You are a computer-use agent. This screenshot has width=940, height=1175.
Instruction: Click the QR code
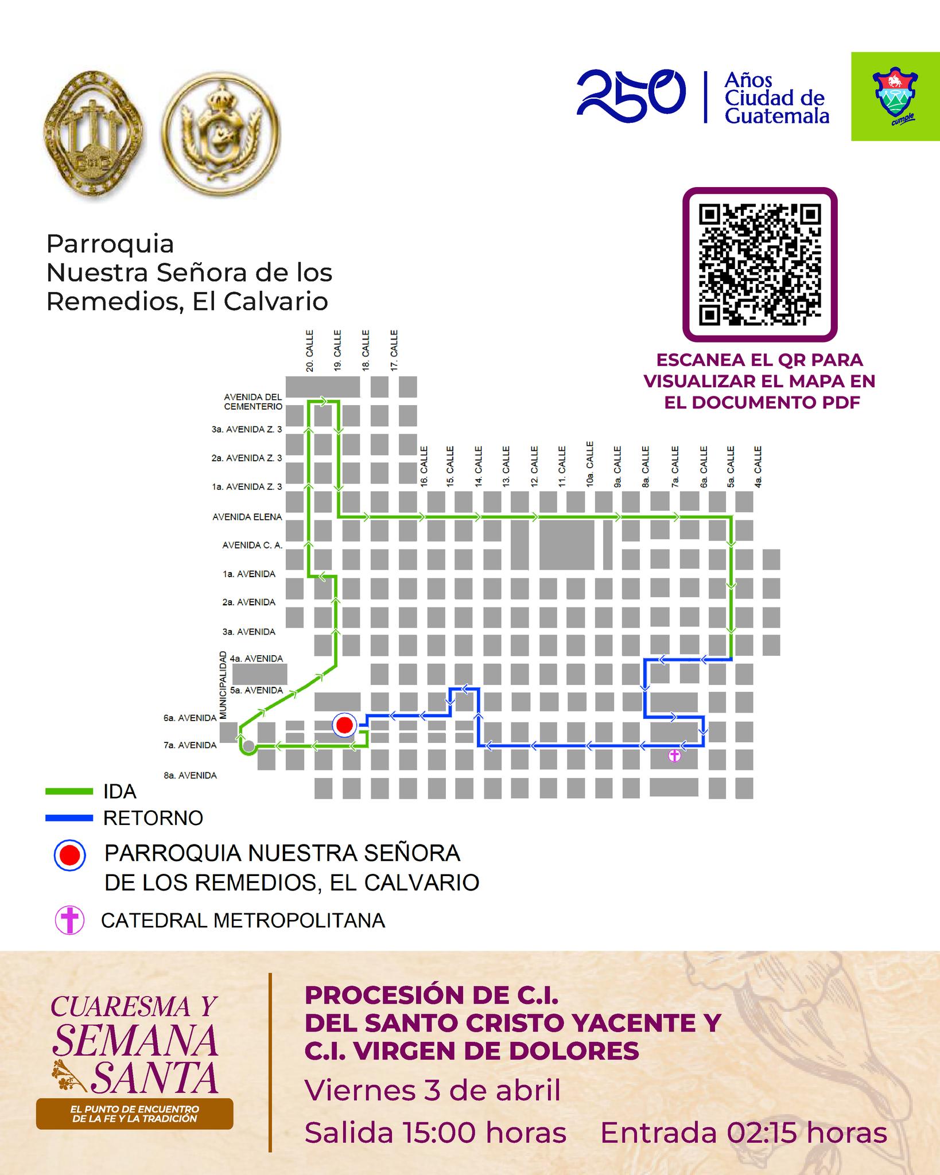tap(759, 264)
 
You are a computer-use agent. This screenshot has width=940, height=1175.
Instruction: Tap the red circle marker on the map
tap(344, 725)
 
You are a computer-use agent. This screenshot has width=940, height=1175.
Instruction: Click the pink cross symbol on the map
tap(675, 756)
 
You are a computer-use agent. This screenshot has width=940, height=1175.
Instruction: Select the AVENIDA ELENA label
tap(247, 517)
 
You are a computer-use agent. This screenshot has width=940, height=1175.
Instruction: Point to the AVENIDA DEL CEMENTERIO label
tap(253, 402)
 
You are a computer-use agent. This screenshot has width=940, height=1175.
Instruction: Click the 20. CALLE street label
tap(310, 351)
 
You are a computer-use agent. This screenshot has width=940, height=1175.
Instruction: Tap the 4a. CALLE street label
tap(758, 467)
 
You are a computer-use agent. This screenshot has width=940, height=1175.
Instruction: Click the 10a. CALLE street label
tap(589, 464)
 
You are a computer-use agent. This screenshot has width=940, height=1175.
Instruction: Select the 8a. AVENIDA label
tap(190, 776)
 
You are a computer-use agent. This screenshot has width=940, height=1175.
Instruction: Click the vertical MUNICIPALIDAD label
tap(223, 685)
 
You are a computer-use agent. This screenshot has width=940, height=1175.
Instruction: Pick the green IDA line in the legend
tap(69, 792)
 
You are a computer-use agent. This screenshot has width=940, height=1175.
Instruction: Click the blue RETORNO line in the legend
tap(69, 818)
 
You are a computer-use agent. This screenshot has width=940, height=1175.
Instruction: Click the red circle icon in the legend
tap(69, 855)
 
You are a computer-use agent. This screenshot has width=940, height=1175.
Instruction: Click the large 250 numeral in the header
tap(631, 96)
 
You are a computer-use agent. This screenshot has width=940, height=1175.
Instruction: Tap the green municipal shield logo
tap(895, 96)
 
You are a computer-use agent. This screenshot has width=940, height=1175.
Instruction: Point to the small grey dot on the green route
tap(248, 746)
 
